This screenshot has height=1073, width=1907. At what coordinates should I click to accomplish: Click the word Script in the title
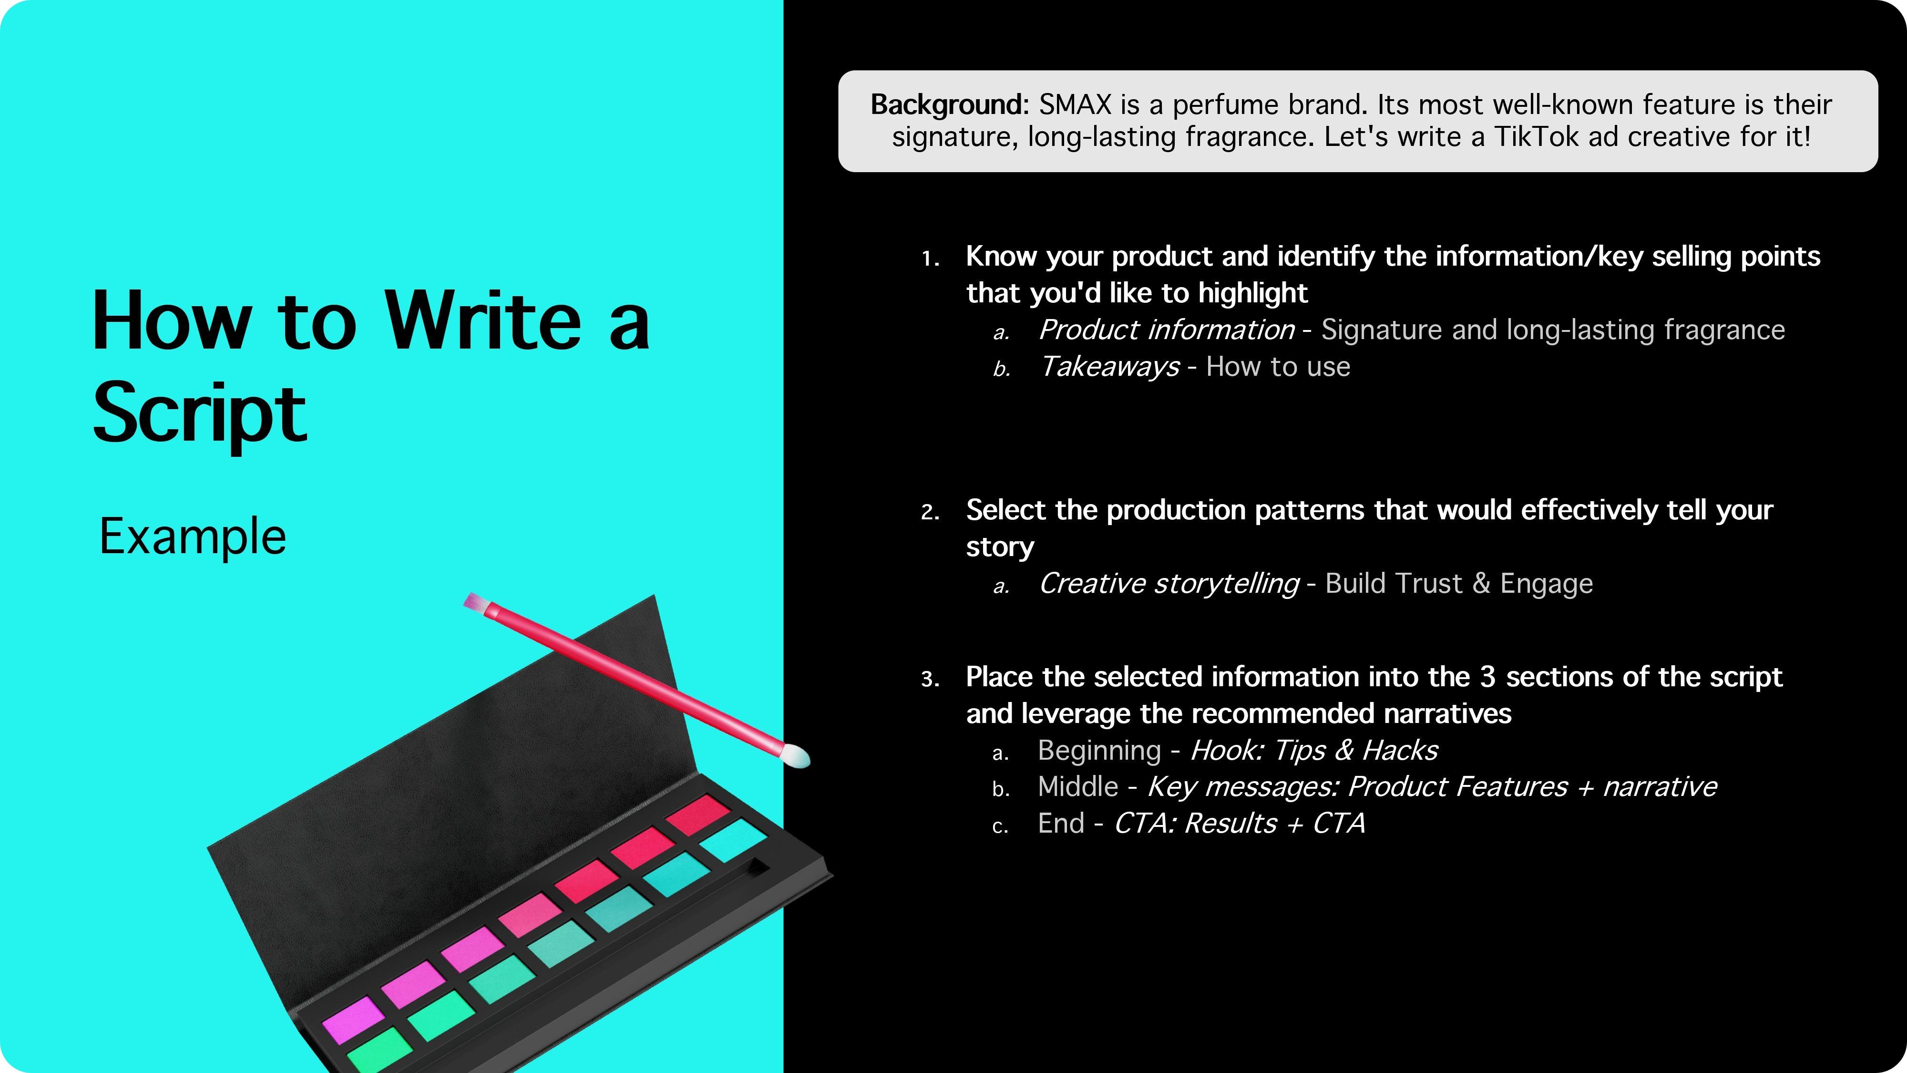click(x=199, y=413)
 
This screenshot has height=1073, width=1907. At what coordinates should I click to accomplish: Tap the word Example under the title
click(x=193, y=537)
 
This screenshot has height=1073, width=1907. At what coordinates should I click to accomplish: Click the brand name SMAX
click(x=1075, y=105)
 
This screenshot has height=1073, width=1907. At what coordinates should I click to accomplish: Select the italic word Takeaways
click(x=1110, y=367)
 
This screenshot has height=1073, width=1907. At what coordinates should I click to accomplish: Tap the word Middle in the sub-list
click(x=1078, y=786)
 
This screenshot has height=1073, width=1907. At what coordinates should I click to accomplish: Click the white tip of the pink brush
click(x=795, y=756)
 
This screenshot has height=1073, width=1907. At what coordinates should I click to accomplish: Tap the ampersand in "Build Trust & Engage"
click(x=1481, y=584)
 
